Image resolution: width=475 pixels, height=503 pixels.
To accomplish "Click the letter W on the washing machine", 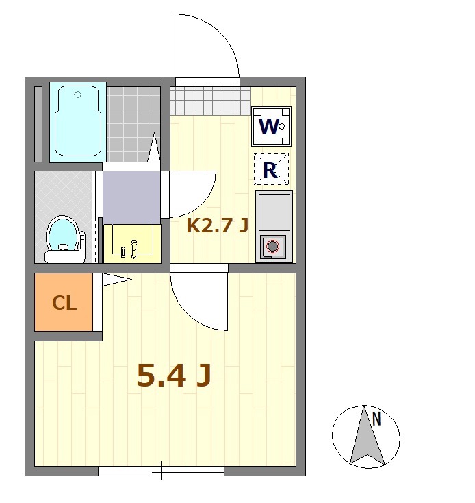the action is click(x=268, y=126).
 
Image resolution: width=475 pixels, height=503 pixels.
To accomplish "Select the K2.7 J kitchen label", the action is click(x=218, y=225).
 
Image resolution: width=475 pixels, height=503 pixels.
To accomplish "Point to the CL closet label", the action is click(x=64, y=302).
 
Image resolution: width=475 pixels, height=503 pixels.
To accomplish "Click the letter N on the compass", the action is click(x=376, y=419).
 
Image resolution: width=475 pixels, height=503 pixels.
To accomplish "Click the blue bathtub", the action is click(x=78, y=122).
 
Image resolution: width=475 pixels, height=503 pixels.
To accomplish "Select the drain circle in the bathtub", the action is click(x=77, y=95).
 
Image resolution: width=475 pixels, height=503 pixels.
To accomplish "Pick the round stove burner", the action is click(x=272, y=247).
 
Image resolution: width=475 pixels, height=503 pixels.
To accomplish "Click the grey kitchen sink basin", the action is click(x=274, y=212).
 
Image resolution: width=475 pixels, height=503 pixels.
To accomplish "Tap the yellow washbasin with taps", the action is click(x=132, y=243).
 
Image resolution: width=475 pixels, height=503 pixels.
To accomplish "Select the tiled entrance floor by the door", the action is click(x=210, y=101).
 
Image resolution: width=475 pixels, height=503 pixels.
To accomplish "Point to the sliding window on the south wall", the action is click(x=161, y=471).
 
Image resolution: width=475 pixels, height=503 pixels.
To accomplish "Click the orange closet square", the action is click(x=64, y=302).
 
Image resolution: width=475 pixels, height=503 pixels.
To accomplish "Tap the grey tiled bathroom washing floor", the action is click(x=133, y=124).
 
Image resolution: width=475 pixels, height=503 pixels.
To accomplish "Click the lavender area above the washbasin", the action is click(x=131, y=197).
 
